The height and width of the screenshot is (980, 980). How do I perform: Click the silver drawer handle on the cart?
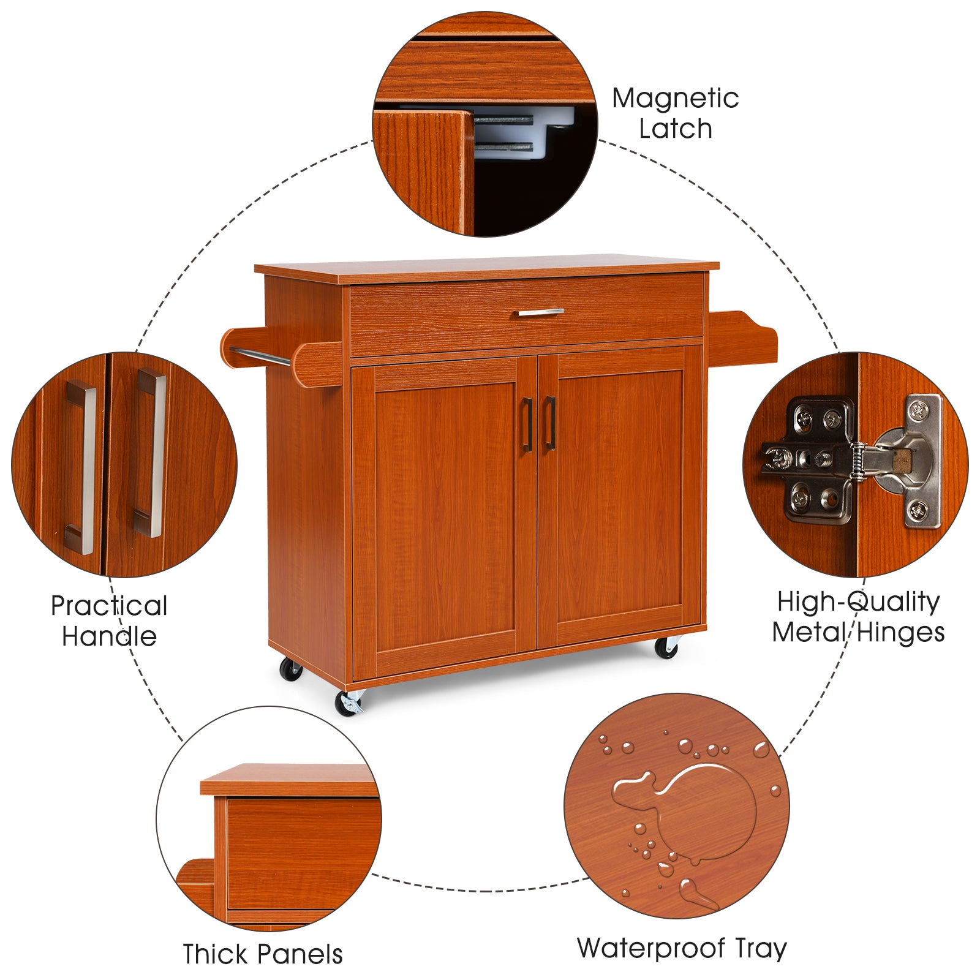click(x=538, y=312)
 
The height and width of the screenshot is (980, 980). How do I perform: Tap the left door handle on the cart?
click(x=526, y=424)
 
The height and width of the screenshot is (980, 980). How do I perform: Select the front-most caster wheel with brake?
click(x=350, y=703)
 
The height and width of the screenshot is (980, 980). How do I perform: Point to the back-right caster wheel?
click(x=666, y=647)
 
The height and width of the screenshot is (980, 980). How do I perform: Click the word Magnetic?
click(x=675, y=99)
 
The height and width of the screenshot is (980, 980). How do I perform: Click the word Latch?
click(x=675, y=129)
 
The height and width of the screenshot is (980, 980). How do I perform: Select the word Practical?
click(x=109, y=606)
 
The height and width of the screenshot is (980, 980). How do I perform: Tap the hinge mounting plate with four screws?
click(x=818, y=459)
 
